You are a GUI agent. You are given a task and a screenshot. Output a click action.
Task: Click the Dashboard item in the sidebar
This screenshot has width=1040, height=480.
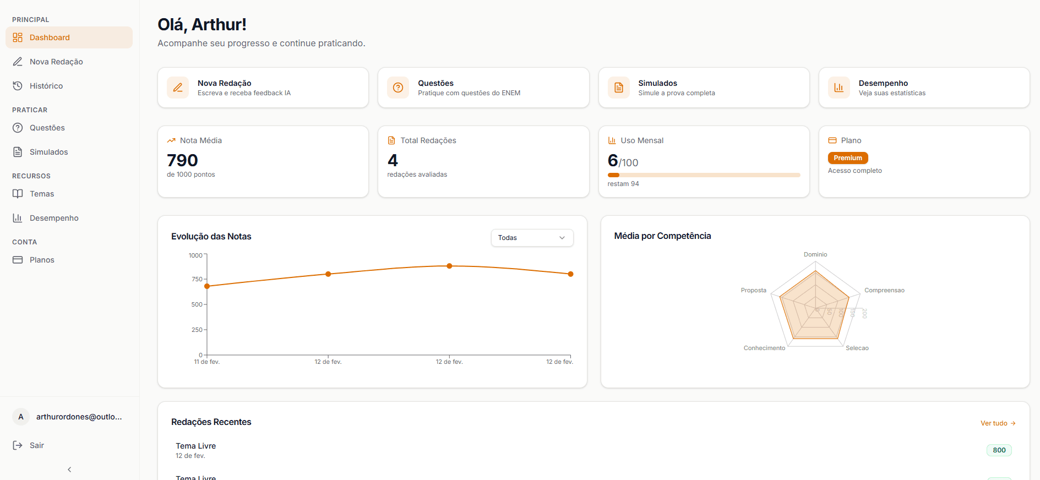click(50, 37)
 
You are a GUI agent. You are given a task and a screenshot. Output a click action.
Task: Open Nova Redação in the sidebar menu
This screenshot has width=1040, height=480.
click(56, 62)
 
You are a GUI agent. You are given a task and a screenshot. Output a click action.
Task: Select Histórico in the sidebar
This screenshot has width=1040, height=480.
click(46, 86)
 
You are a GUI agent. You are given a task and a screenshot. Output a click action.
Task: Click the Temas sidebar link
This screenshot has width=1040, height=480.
click(42, 194)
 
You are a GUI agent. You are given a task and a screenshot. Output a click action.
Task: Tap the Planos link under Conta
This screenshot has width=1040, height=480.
click(42, 260)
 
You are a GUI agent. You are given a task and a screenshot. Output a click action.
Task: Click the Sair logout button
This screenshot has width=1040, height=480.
click(36, 445)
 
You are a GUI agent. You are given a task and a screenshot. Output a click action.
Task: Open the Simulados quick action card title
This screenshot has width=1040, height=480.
click(657, 83)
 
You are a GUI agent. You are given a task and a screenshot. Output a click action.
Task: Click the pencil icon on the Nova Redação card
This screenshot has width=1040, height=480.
click(178, 88)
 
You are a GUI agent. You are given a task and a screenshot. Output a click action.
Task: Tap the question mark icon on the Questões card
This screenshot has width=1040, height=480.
click(398, 88)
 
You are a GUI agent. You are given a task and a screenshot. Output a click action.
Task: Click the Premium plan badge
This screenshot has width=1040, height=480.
click(847, 158)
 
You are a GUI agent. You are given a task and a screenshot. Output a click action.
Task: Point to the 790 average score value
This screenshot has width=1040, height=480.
click(182, 160)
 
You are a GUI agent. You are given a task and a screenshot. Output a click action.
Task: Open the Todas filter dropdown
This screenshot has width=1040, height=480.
click(532, 238)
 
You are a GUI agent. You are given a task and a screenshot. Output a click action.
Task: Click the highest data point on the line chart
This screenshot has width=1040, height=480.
click(449, 266)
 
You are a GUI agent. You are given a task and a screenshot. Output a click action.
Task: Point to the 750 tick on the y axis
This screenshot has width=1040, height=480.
click(197, 279)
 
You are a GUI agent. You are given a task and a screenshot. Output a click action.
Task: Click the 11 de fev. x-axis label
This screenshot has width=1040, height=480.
click(206, 362)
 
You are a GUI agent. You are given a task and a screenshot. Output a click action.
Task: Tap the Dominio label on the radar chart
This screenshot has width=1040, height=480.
click(815, 254)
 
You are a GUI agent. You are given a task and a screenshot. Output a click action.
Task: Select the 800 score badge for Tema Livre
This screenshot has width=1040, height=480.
click(999, 450)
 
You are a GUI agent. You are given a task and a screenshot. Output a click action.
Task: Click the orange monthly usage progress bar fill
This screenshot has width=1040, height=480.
click(613, 175)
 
